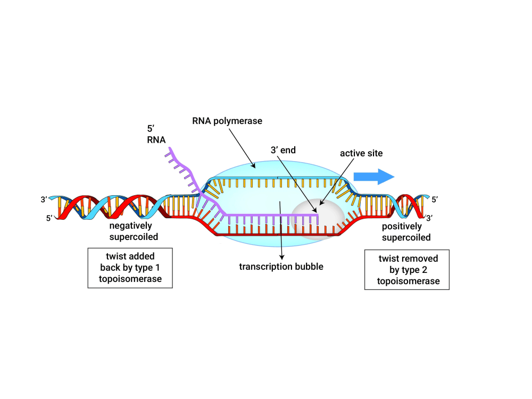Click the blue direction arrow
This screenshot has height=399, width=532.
[374, 177]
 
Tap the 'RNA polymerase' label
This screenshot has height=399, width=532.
[227, 121]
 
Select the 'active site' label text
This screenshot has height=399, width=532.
[361, 153]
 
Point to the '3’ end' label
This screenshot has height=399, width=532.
[283, 150]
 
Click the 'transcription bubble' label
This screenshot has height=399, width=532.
[281, 267]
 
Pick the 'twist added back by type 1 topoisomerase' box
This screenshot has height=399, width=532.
[130, 268]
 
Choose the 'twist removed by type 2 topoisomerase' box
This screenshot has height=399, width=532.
[407, 270]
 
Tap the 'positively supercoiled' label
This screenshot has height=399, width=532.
[406, 232]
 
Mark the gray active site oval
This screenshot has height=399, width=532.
[318, 219]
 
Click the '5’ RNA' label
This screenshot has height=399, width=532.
[156, 134]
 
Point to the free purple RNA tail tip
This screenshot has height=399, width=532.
[170, 148]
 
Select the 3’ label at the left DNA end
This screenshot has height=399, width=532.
[44, 199]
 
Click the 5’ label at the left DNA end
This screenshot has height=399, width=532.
[49, 218]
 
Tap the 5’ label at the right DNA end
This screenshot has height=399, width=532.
[435, 199]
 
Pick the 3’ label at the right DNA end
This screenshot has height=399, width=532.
[429, 218]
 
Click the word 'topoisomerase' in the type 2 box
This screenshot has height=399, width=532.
[408, 281]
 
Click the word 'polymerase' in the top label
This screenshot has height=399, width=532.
[237, 121]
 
